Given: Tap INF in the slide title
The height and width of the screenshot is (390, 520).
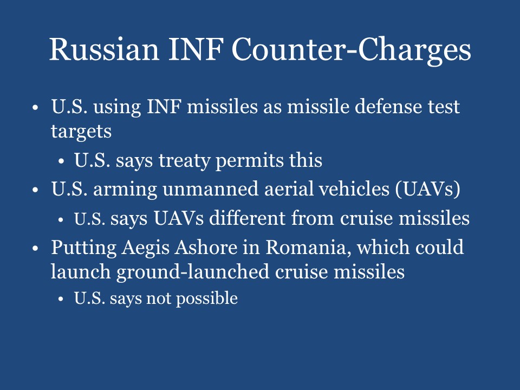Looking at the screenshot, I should click(190, 50).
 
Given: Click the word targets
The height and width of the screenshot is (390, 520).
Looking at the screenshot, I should click(81, 132).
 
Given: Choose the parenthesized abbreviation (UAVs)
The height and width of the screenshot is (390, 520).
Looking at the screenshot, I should click(426, 190).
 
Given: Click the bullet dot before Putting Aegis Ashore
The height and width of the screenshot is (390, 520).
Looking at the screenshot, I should click(35, 249).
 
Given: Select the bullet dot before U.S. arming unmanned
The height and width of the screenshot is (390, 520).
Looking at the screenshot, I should click(35, 191).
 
